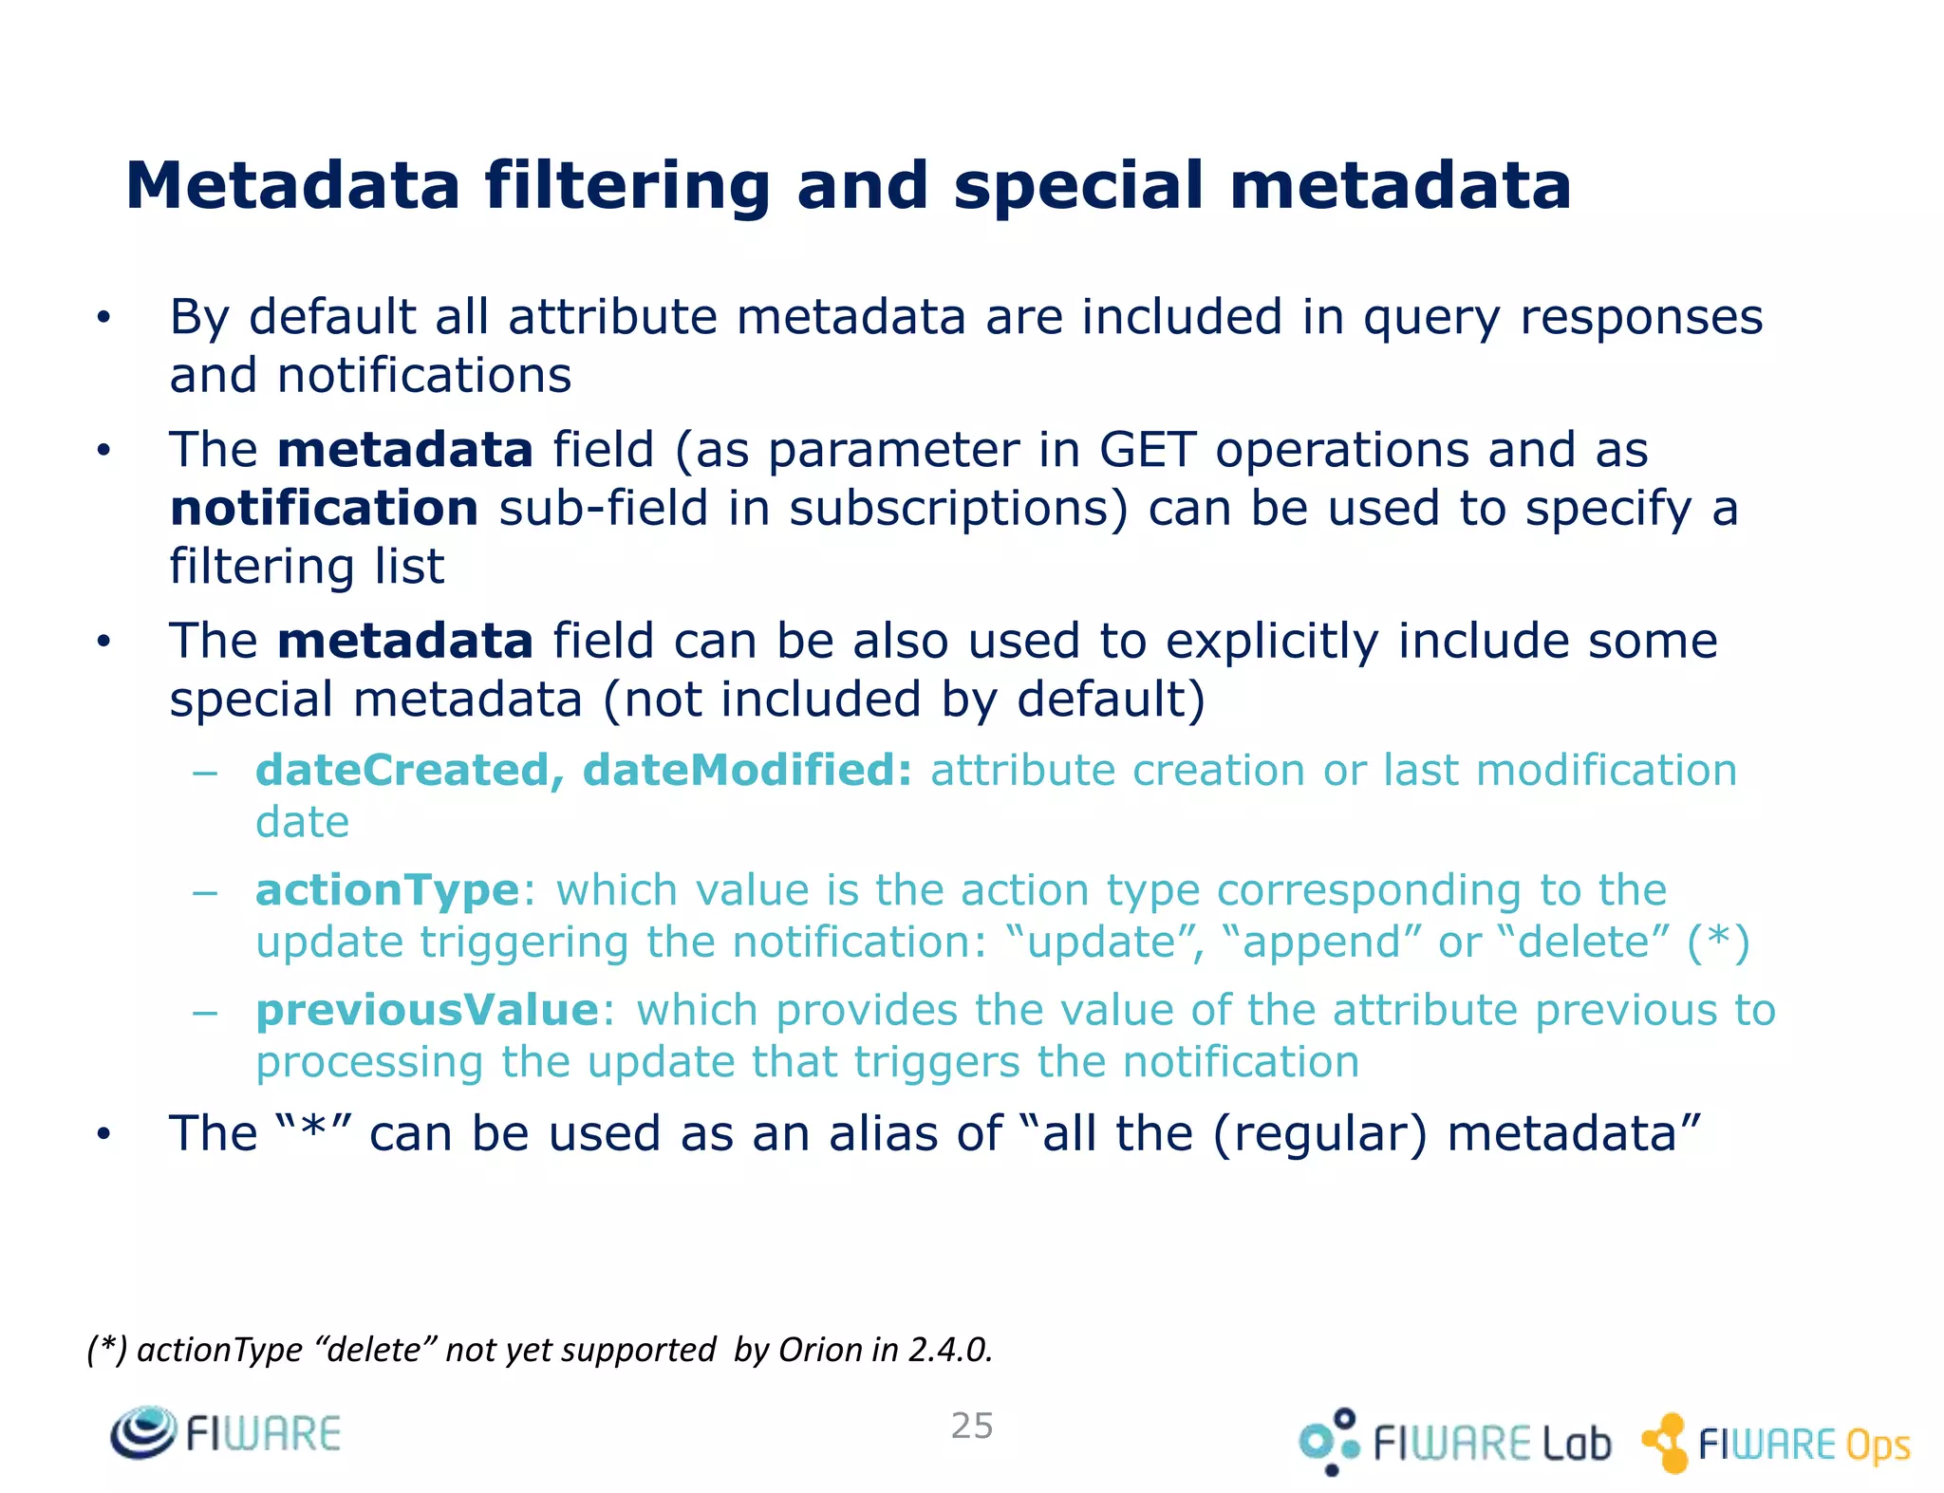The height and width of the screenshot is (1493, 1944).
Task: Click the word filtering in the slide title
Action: click(x=627, y=186)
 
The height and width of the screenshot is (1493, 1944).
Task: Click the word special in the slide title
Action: click(x=1078, y=186)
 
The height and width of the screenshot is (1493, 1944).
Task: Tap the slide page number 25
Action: click(x=972, y=1426)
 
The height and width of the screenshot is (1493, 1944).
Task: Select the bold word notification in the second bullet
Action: click(x=324, y=508)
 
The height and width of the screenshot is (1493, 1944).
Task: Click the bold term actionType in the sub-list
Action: click(x=387, y=890)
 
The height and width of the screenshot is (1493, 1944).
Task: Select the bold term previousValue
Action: click(x=427, y=1010)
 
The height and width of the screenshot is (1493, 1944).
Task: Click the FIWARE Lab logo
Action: click(x=1454, y=1443)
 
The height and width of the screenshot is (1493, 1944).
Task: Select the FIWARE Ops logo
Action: click(x=1777, y=1444)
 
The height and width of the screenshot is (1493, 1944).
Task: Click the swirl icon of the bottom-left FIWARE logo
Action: click(x=142, y=1431)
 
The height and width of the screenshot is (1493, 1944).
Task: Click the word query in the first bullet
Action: click(x=1431, y=318)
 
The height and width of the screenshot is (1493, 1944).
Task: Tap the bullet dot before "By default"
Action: click(x=103, y=318)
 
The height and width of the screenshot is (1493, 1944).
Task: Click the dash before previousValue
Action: click(x=204, y=1012)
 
